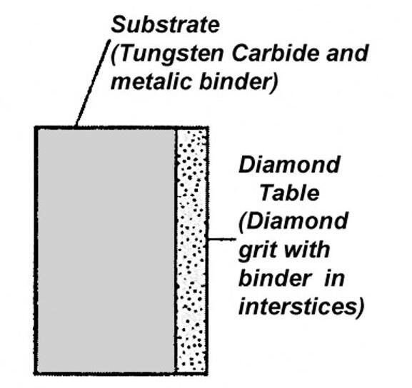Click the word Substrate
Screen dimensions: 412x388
pyautogui.click(x=165, y=24)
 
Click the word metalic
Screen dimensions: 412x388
pyautogui.click(x=151, y=81)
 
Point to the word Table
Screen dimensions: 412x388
pyautogui.click(x=289, y=193)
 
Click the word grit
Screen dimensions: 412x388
pyautogui.click(x=258, y=250)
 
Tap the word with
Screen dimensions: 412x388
pyautogui.click(x=308, y=249)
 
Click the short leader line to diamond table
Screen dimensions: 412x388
pyautogui.click(x=221, y=239)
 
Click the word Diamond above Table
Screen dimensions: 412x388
pyautogui.click(x=289, y=164)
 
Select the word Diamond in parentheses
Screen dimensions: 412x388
pyautogui.click(x=293, y=222)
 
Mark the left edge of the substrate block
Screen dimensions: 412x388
pyautogui.click(x=36, y=250)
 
